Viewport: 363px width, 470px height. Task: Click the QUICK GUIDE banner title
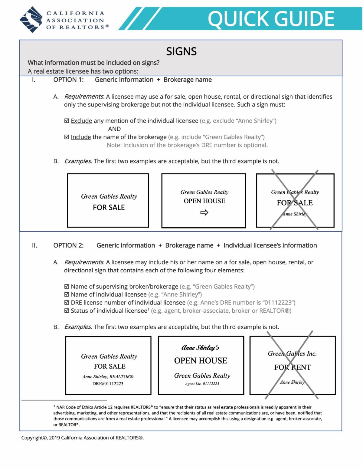[271, 19]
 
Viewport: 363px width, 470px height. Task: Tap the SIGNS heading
[181, 51]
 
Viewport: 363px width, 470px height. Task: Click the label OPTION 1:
[68, 80]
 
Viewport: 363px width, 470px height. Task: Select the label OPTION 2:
[68, 245]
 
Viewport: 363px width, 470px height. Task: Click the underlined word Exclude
[81, 121]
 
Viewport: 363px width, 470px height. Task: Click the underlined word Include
[81, 137]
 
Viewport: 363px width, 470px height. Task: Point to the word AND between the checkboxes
[114, 129]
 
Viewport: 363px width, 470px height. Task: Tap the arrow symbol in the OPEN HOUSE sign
[204, 213]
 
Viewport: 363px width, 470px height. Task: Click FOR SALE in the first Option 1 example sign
[109, 208]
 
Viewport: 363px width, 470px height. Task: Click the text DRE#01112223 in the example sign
[108, 384]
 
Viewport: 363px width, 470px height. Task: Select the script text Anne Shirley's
[200, 348]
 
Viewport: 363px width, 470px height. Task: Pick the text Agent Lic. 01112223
[202, 384]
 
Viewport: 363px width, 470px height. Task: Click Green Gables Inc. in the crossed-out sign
[292, 353]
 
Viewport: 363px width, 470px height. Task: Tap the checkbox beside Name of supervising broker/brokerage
[67, 287]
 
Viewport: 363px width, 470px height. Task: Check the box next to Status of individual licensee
[67, 311]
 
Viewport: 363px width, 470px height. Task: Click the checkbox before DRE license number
[67, 303]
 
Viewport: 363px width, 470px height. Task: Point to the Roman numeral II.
[34, 245]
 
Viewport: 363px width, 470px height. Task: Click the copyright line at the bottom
[83, 438]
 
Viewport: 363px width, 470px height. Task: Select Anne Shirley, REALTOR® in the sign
[108, 377]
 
